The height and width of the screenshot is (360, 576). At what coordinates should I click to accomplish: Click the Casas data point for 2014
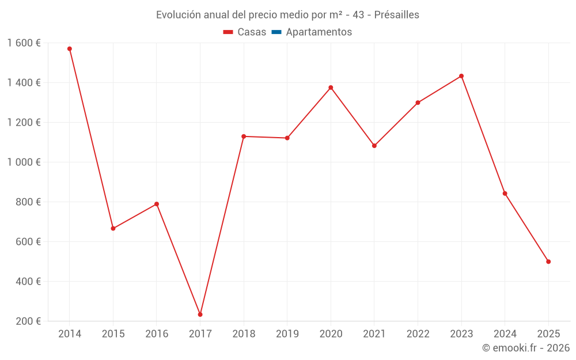(x=70, y=49)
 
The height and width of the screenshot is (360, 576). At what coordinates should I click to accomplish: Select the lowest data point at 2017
(x=200, y=314)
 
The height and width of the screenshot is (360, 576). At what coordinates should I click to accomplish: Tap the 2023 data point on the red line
(x=461, y=76)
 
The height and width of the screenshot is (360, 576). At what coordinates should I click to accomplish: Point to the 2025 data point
(x=548, y=262)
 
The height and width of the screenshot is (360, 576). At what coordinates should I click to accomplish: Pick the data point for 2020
(x=331, y=88)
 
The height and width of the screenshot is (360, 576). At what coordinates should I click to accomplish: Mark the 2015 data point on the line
(x=113, y=229)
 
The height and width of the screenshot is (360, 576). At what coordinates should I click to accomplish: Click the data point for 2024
(x=505, y=194)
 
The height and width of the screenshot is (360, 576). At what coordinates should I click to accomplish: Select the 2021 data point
(x=374, y=146)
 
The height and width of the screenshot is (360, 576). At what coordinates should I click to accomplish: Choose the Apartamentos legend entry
(x=319, y=32)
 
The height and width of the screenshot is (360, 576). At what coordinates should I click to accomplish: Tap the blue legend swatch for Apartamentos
(x=276, y=32)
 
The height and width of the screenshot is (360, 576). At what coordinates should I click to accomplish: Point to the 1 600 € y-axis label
(x=24, y=43)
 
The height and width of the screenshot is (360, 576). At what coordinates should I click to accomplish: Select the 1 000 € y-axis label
(x=24, y=162)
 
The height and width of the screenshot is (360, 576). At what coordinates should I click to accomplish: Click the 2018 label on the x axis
(x=244, y=334)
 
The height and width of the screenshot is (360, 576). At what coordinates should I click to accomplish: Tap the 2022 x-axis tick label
(x=418, y=334)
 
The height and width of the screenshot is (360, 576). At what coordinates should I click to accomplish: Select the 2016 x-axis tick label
(x=157, y=334)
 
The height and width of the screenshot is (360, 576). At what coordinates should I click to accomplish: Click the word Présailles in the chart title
(x=396, y=14)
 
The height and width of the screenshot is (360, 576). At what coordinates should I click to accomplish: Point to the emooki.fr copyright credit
(x=525, y=348)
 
